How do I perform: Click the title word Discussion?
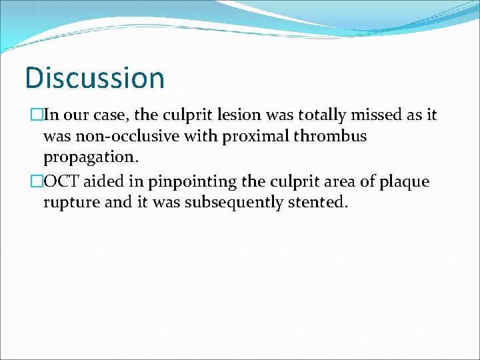tap(95, 77)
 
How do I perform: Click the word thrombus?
tap(333, 136)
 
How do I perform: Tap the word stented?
tap(318, 203)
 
